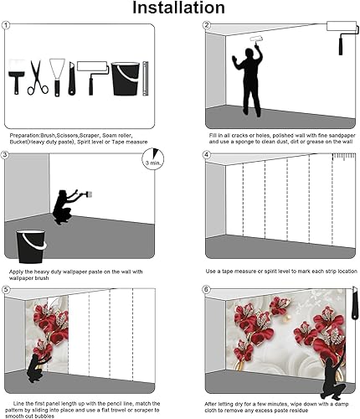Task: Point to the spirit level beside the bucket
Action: tap(144, 77)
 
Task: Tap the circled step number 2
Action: tap(206, 26)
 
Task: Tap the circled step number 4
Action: tap(206, 155)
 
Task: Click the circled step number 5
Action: tap(6, 290)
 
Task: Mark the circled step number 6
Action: tap(206, 290)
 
